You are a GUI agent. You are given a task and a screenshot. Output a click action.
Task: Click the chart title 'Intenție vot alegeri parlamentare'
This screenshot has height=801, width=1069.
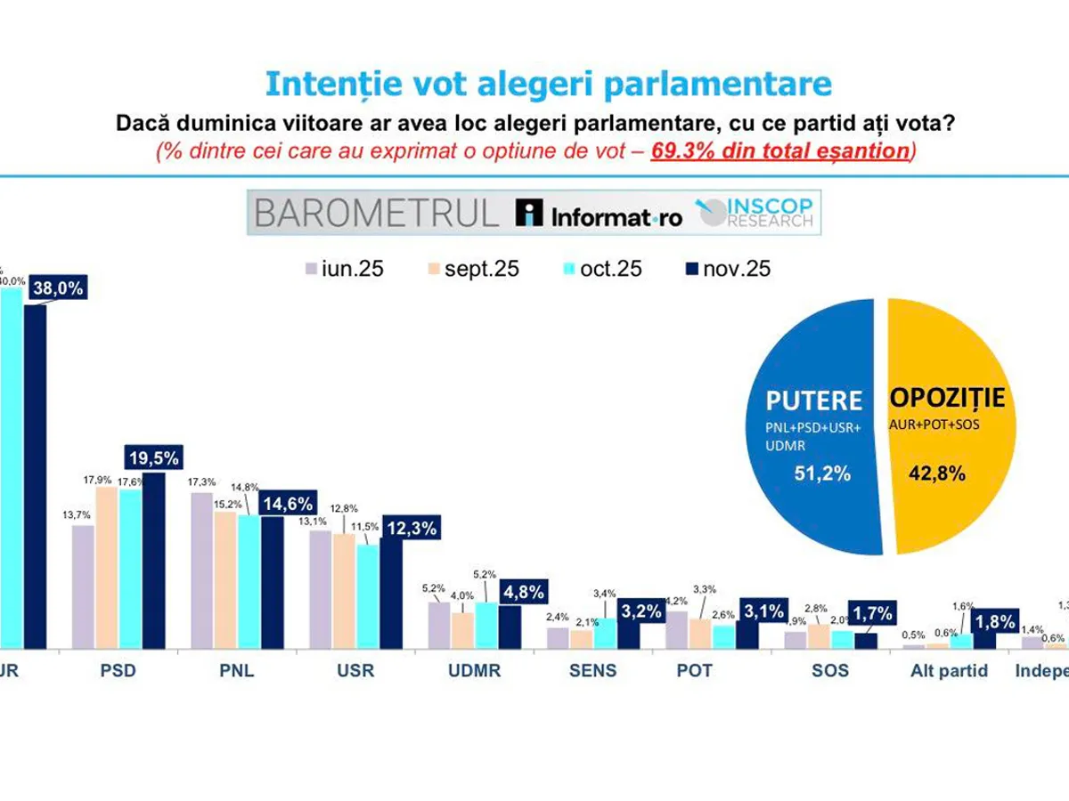pos(548,84)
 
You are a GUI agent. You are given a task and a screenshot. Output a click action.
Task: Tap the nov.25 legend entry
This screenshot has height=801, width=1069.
pos(727,269)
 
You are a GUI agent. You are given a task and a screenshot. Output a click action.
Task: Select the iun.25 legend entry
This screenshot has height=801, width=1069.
pos(344,269)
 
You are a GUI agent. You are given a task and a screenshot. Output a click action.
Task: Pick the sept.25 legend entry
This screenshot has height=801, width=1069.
pos(472,269)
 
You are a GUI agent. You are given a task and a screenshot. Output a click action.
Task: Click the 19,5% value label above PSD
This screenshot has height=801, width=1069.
pos(154,458)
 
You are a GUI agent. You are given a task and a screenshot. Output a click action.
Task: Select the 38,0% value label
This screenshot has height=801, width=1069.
pos(58,288)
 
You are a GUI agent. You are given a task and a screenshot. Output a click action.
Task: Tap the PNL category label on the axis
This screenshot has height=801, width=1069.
pos(236,670)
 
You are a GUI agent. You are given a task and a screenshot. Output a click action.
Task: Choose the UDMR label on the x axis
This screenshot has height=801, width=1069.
pos(474,670)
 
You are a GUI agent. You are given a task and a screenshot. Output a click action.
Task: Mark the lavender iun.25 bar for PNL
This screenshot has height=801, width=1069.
pos(202,570)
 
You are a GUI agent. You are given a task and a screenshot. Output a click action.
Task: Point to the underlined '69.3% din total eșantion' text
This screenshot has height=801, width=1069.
pos(779,150)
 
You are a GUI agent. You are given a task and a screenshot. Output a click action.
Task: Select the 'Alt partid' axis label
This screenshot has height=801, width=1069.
pos(948,670)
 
